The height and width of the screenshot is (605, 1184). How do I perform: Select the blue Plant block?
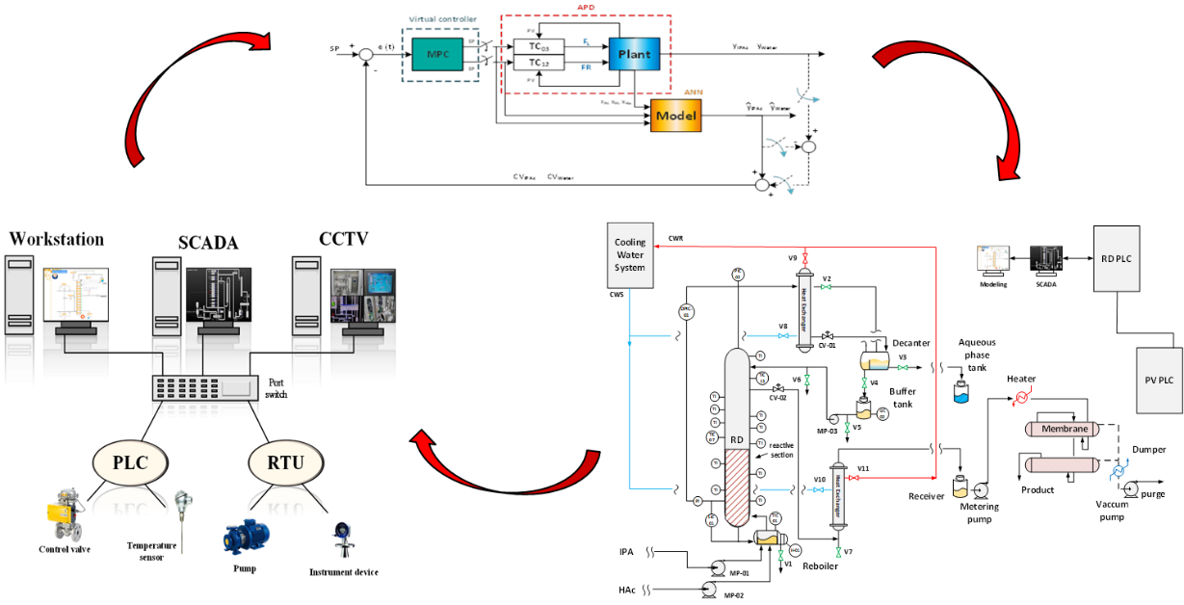[634, 55]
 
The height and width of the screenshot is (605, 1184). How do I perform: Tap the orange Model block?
[676, 117]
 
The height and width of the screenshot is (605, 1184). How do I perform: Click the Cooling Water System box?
[630, 255]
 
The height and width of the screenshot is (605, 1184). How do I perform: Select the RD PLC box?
[1117, 258]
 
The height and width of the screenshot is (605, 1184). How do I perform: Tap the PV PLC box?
[1159, 380]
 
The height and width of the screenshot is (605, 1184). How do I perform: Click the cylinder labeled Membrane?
[1063, 429]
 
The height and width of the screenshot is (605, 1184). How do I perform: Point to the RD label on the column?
[737, 440]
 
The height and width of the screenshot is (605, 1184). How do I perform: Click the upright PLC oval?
[130, 462]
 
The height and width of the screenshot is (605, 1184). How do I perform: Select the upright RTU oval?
[284, 462]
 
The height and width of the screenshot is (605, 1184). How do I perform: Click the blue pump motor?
[247, 537]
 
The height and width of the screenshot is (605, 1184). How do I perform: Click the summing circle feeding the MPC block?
[366, 56]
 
